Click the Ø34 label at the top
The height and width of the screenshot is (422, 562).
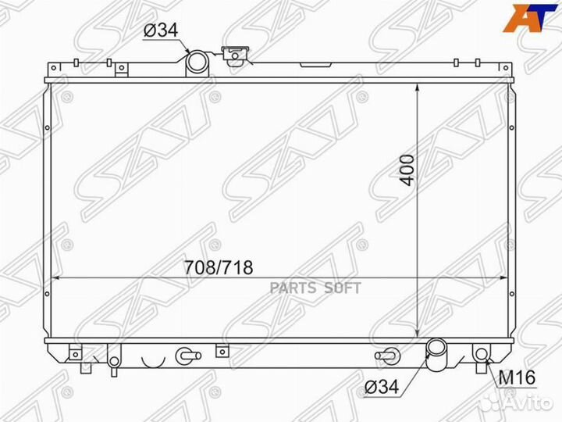[160, 31]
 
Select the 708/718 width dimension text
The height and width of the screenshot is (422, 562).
[219, 268]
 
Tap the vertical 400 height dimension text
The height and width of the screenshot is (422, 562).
[406, 169]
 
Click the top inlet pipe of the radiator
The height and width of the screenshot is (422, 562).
[197, 62]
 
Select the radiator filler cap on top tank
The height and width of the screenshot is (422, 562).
[233, 55]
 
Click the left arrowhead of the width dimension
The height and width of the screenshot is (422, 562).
[57, 277]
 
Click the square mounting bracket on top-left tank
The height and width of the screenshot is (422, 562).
[121, 69]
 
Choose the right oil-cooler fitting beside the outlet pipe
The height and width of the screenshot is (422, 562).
[384, 356]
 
